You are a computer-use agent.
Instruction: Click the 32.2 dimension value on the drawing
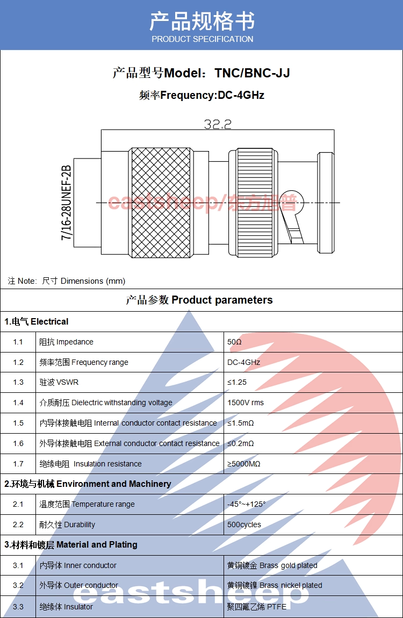click(218, 124)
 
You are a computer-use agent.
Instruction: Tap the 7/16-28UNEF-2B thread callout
click(66, 203)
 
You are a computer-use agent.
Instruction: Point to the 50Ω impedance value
click(235, 342)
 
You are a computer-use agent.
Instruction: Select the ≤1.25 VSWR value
click(237, 383)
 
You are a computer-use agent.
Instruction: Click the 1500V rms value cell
click(246, 403)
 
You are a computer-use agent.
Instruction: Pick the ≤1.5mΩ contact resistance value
click(240, 423)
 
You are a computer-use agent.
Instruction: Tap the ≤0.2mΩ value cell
click(240, 444)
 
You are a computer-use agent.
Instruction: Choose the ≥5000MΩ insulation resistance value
click(244, 464)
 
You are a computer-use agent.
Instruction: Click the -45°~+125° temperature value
click(247, 504)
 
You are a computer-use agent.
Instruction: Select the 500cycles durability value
click(244, 524)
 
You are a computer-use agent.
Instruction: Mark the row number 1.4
click(18, 403)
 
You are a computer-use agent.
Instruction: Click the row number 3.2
click(18, 585)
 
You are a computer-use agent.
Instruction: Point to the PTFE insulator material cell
click(257, 607)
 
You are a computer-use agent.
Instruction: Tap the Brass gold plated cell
click(272, 565)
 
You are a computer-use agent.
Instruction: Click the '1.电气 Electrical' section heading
click(37, 322)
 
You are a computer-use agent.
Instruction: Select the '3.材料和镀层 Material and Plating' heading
click(71, 545)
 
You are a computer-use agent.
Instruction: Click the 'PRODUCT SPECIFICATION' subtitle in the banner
click(202, 39)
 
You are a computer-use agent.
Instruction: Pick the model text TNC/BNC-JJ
click(253, 73)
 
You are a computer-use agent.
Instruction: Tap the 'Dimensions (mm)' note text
click(93, 281)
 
